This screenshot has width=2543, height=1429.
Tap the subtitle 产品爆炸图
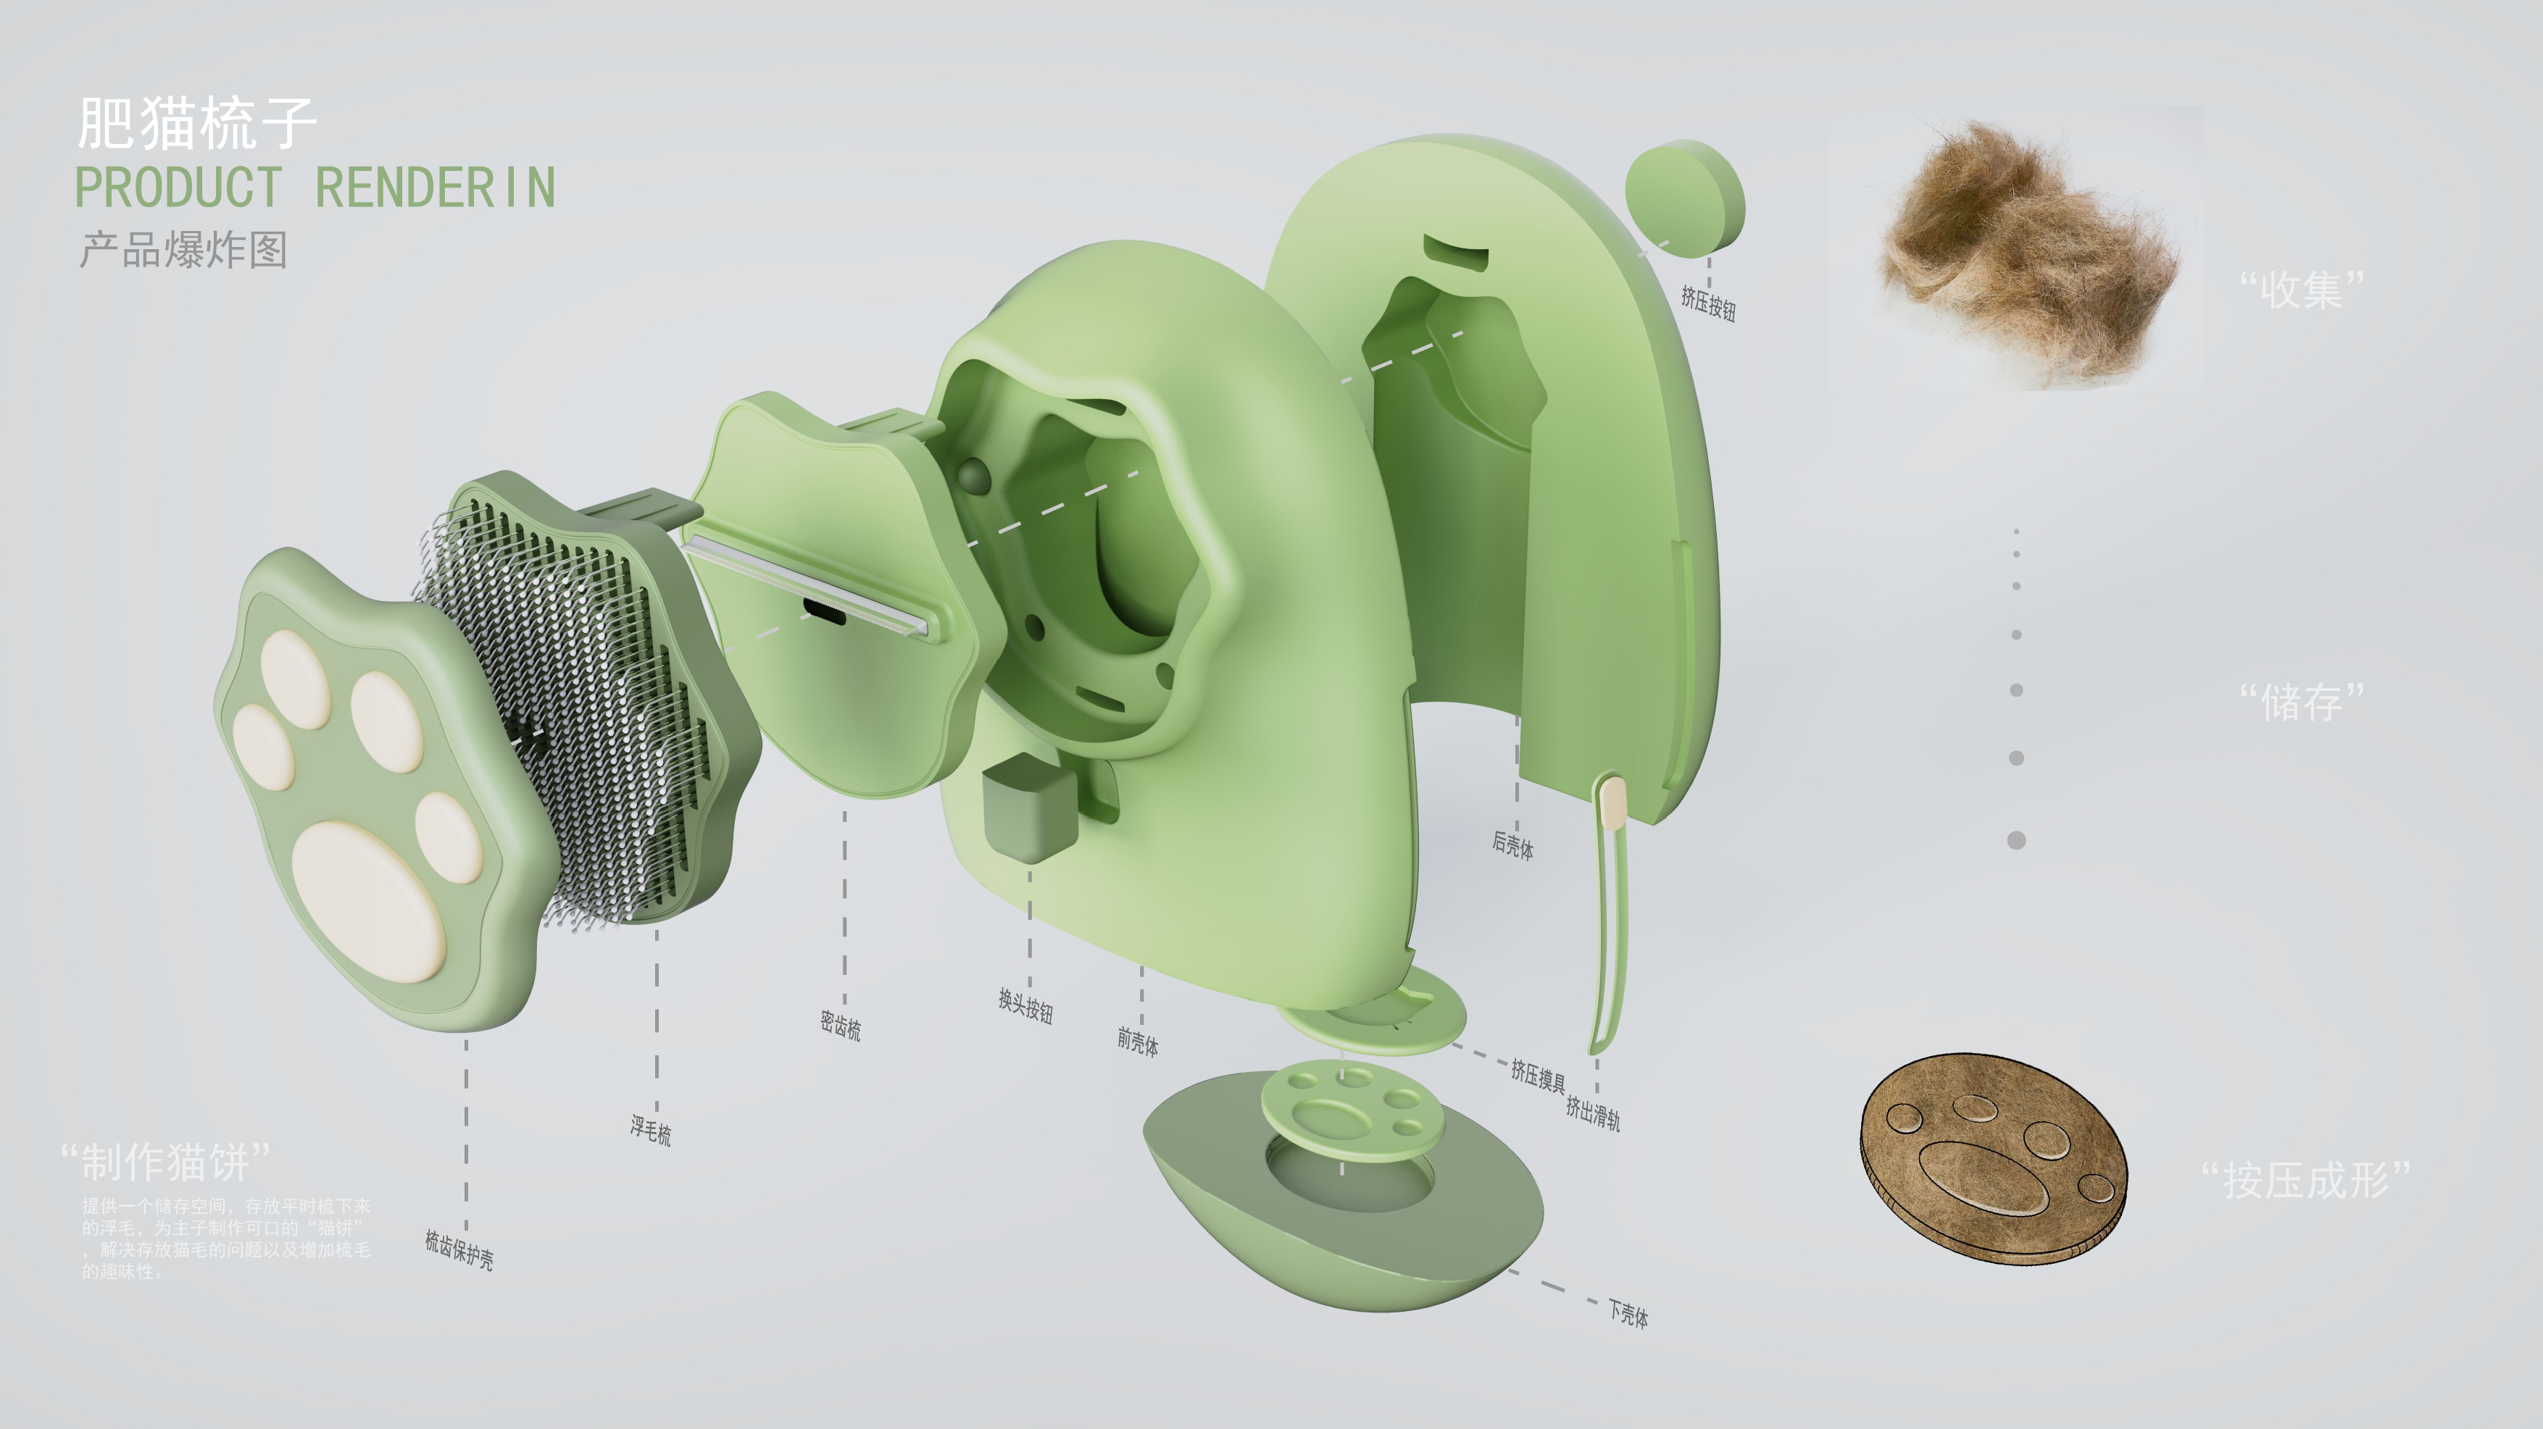[x=183, y=250]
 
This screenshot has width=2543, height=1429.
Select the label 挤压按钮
[x=1708, y=301]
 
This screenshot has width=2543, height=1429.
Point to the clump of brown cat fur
[x=2023, y=251]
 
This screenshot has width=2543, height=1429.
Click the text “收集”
[x=2301, y=289]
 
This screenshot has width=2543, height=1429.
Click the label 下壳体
[x=1628, y=1312]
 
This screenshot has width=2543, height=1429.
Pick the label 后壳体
[x=1512, y=845]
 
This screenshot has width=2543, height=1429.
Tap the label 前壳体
[x=1137, y=1040]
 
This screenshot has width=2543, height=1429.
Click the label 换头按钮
[x=1025, y=1007]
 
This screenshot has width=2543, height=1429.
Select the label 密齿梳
[x=840, y=1026]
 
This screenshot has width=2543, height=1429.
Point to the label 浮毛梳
[x=651, y=1130]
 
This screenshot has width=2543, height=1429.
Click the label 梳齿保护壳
[x=459, y=1249]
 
